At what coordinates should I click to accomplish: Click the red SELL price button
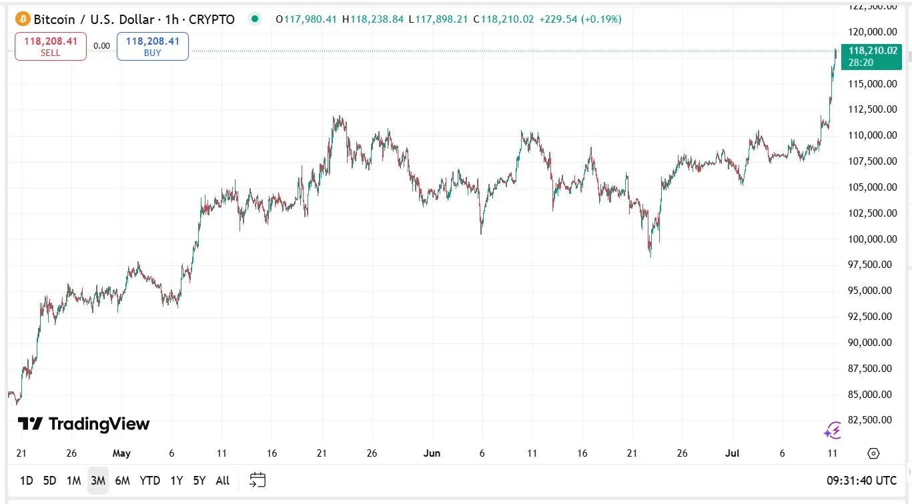coord(51,47)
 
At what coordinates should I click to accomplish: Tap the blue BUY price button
coord(153,47)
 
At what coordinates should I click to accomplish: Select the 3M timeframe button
coord(98,480)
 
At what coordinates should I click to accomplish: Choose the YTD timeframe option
coord(149,480)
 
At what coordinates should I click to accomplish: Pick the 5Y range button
coord(199,480)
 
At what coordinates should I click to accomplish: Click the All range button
coord(223,480)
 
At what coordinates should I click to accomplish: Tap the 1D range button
coord(27,480)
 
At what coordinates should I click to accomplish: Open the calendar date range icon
coord(258,480)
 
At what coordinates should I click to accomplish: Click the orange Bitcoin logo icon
coord(23,19)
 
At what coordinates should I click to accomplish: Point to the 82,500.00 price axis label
coord(868,419)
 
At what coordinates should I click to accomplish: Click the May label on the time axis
coord(121,453)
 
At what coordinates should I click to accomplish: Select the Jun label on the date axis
coord(432,453)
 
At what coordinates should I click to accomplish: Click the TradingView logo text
coord(84,423)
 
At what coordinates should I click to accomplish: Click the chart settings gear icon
coord(873,453)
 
